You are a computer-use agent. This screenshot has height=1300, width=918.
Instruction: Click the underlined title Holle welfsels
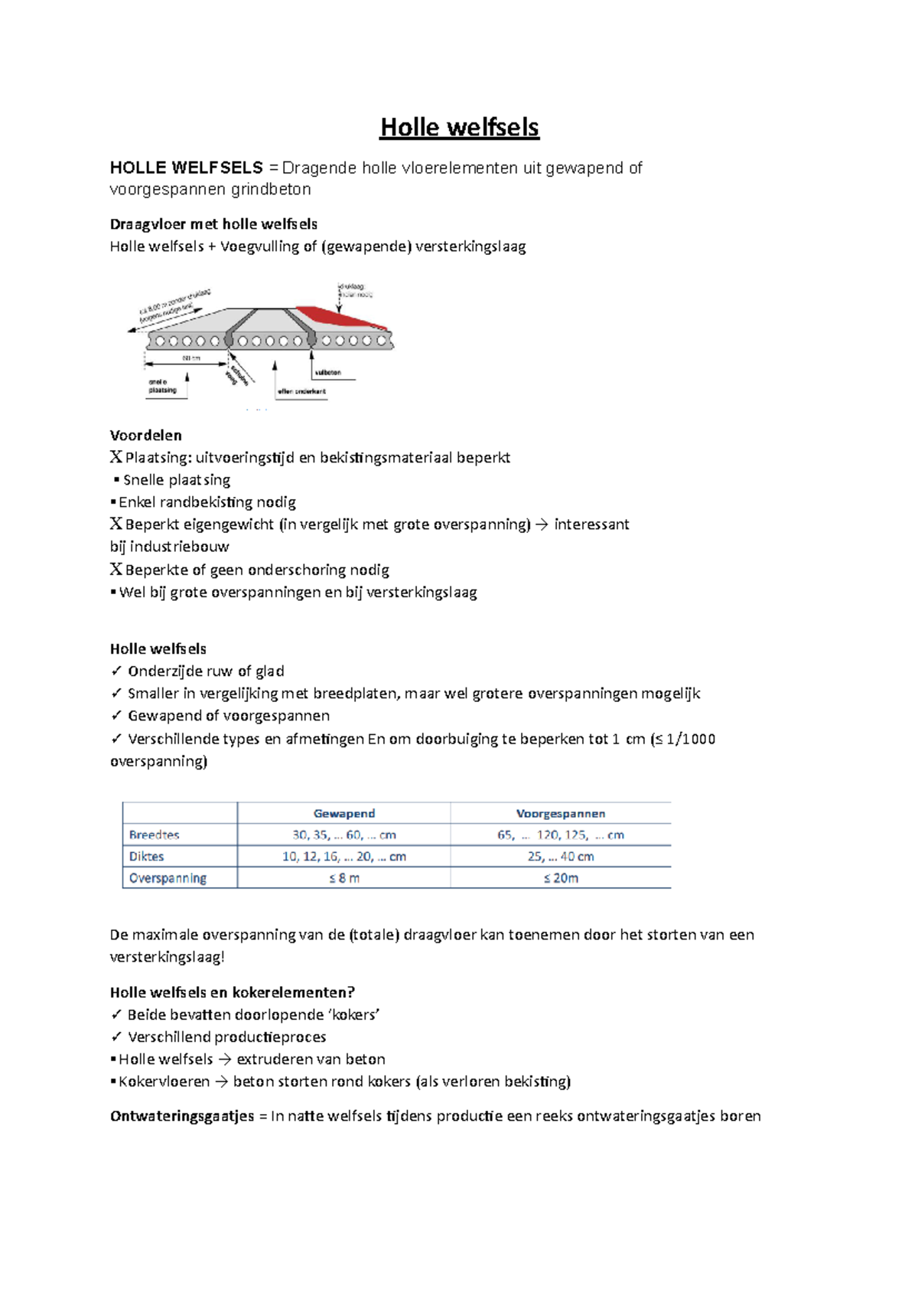[x=459, y=127]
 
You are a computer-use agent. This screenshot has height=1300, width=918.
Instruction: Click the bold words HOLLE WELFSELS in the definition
[x=186, y=168]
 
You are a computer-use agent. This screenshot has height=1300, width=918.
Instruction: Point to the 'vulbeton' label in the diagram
[x=327, y=372]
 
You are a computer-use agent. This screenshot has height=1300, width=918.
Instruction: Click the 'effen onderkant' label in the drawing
[x=301, y=391]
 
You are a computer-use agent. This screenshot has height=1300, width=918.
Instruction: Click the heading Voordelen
[x=145, y=435]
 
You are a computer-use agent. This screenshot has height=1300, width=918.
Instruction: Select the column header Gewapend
[x=343, y=813]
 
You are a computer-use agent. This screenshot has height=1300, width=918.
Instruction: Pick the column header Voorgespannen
[x=560, y=813]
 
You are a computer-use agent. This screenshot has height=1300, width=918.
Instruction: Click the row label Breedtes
[x=154, y=835]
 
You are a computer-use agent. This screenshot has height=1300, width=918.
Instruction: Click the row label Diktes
[x=146, y=856]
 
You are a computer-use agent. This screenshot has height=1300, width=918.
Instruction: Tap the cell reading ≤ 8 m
[x=343, y=878]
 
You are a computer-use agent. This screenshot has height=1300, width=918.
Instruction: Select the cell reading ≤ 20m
[x=560, y=878]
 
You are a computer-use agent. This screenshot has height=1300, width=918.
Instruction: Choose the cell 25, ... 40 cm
[x=560, y=856]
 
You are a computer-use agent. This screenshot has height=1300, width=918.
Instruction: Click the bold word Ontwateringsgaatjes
[x=181, y=1115]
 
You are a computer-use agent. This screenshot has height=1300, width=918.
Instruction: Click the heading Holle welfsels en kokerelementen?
[x=232, y=992]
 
